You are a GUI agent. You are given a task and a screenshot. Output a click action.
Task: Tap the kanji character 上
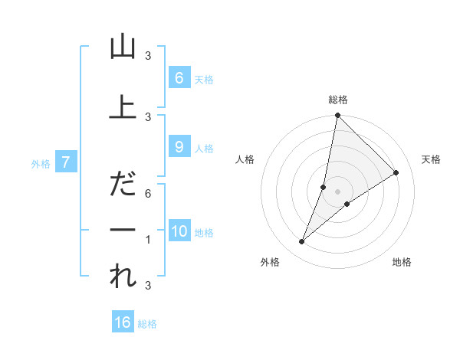(x=123, y=107)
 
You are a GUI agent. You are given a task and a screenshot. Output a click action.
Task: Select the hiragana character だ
(x=123, y=184)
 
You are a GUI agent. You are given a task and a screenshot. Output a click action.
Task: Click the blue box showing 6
(x=179, y=77)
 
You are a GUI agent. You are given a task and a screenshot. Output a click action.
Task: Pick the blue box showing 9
(x=179, y=147)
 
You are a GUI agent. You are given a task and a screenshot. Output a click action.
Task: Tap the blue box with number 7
(x=67, y=162)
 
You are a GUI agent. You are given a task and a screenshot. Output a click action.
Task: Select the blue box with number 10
(x=179, y=231)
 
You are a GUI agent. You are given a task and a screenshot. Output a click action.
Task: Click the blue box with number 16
(x=123, y=322)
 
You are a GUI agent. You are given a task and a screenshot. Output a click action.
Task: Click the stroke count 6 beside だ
(x=148, y=195)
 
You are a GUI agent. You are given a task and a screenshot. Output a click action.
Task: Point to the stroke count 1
(x=148, y=240)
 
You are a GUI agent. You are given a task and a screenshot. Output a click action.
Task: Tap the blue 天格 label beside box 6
(x=204, y=79)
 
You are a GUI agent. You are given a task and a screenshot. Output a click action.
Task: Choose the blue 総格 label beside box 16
(x=147, y=324)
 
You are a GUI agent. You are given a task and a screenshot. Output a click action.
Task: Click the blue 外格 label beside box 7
(x=41, y=163)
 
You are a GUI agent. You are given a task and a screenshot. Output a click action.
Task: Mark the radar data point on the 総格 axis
(x=337, y=116)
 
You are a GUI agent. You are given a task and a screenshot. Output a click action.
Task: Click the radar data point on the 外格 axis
(x=302, y=242)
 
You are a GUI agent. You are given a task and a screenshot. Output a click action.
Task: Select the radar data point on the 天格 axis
(x=396, y=173)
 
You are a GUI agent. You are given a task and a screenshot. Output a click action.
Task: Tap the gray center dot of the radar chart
(x=337, y=191)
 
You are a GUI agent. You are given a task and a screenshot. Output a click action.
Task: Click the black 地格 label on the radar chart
(x=402, y=262)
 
